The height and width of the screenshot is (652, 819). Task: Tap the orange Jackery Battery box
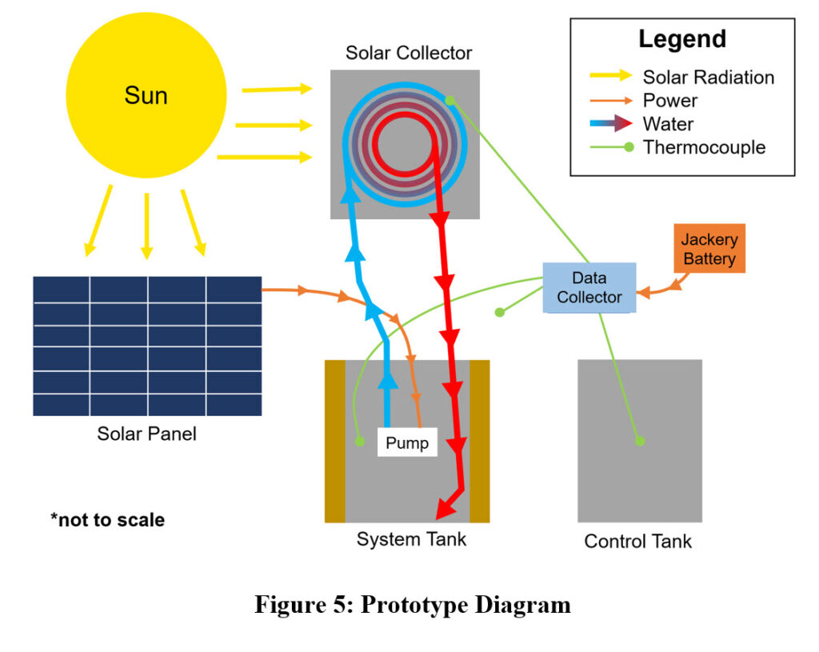point(709,249)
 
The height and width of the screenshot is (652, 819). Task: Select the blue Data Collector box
point(589,288)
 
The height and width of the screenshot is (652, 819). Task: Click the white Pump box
point(407,442)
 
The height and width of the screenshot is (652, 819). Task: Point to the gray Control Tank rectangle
point(640,480)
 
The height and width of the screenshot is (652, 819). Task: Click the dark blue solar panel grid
point(147,346)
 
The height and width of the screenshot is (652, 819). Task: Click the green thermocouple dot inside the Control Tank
point(639,441)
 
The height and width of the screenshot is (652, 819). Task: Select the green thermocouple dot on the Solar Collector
point(449,100)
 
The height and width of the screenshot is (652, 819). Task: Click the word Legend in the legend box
point(682,39)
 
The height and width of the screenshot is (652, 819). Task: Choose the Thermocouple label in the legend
point(704,147)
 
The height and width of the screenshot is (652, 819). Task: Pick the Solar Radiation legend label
point(709,78)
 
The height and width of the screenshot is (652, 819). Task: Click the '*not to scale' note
point(107,520)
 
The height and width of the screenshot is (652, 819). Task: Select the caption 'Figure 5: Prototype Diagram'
point(413,605)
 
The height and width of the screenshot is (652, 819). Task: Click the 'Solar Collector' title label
point(409,54)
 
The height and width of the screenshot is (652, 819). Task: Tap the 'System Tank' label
point(411,539)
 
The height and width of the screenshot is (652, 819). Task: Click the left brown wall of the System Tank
point(334,441)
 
